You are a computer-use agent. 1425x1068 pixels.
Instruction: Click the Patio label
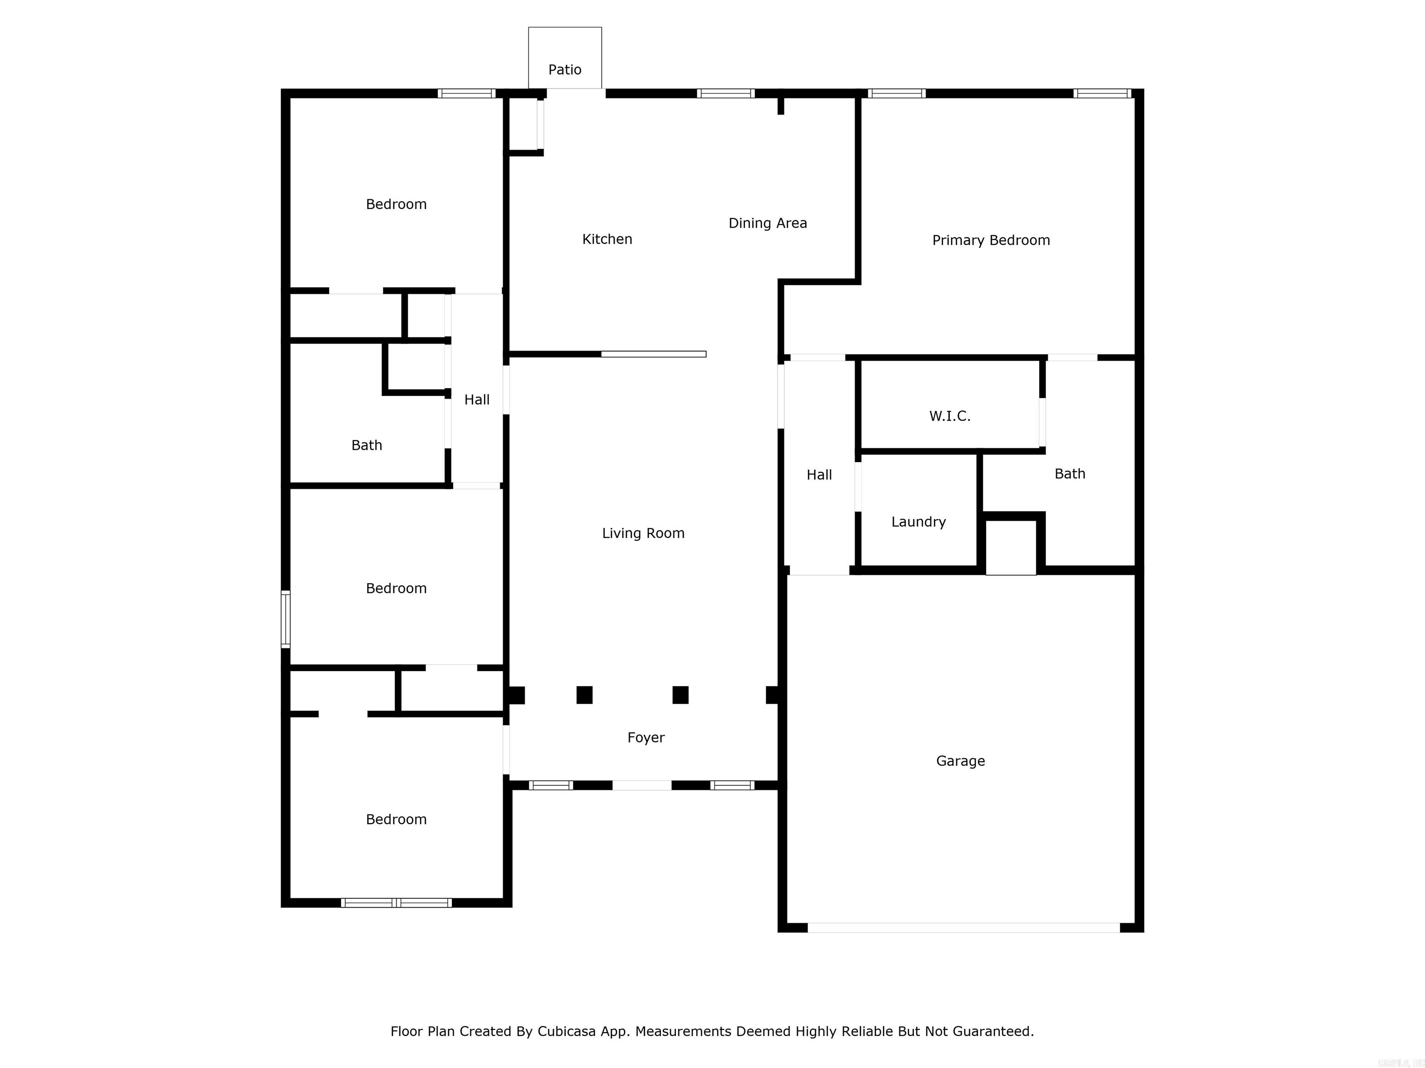pos(565,70)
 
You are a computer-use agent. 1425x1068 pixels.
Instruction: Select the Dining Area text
pos(767,223)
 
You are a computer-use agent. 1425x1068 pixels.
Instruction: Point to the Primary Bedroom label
pos(991,241)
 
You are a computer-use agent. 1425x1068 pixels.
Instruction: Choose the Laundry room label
pos(918,522)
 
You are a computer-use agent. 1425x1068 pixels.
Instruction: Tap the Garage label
pos(960,762)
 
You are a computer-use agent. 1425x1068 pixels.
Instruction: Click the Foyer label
pos(646,738)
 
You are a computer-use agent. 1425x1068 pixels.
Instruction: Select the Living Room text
pos(643,534)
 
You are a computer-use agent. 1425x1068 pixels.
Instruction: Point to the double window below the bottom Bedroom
pos(396,903)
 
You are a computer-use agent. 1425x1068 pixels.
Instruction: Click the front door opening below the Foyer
pos(642,785)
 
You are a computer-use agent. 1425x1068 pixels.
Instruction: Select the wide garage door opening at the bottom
pos(963,928)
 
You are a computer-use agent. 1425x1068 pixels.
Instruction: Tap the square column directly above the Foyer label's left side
pos(584,695)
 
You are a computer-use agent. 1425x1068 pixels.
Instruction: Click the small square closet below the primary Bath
pos(1010,547)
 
